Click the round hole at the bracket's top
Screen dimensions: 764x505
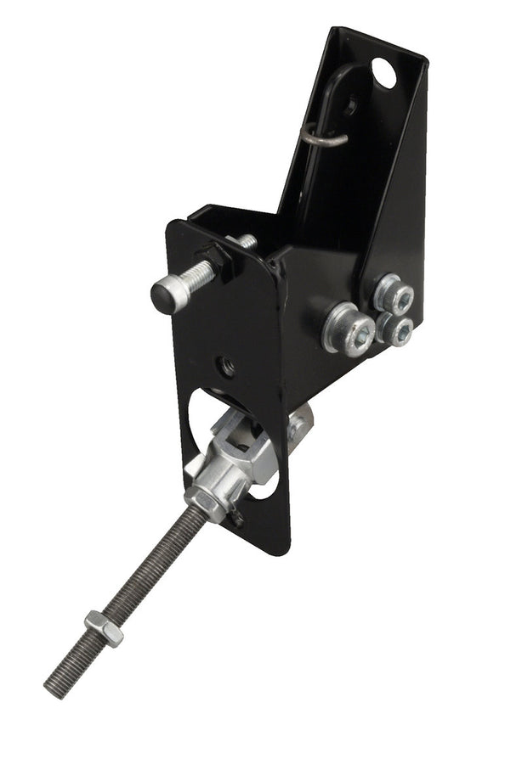click(383, 73)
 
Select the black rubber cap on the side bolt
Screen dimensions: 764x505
click(164, 295)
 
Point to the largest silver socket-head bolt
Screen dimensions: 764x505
click(349, 327)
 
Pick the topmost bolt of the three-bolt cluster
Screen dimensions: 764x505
click(394, 295)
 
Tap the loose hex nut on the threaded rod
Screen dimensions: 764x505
click(103, 630)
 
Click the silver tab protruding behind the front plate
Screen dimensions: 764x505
click(300, 422)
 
